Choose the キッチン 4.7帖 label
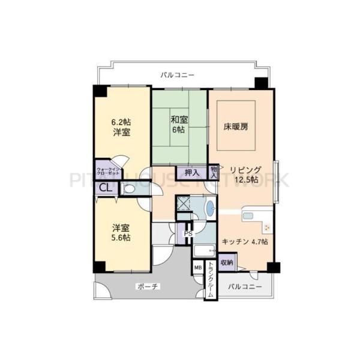click(x=245, y=241)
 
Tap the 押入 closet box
click(x=191, y=173)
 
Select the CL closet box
click(x=105, y=188)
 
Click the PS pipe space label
click(x=188, y=234)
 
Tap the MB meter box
click(x=197, y=268)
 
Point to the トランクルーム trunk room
click(x=210, y=281)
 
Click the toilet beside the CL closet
click(x=130, y=189)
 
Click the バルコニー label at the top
click(x=177, y=76)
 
